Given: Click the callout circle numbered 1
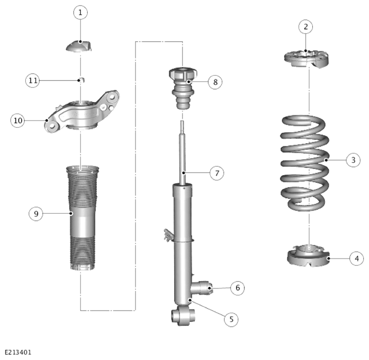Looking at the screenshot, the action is (80, 12).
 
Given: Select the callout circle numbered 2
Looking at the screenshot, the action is (306, 27).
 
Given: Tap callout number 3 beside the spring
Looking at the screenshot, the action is (353, 160).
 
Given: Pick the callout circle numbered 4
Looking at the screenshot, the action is (357, 259).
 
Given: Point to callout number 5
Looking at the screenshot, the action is (231, 319).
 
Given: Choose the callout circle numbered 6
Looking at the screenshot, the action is (238, 287).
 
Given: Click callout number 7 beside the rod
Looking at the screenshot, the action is (217, 173).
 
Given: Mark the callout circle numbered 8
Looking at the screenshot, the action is (215, 82).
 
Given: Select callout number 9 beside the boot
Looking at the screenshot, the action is (36, 214).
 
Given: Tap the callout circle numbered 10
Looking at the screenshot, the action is (18, 121).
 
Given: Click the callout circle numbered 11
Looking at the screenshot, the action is (32, 81).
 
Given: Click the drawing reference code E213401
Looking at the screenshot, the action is (18, 352).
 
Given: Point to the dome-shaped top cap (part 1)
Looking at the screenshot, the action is (79, 46).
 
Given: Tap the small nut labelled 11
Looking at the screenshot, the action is (81, 80).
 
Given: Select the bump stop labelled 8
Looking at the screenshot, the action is (183, 88).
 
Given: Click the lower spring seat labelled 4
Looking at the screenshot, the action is (308, 256).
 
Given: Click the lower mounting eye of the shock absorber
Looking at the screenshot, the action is (183, 316).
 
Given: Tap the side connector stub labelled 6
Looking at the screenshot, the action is (202, 287).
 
